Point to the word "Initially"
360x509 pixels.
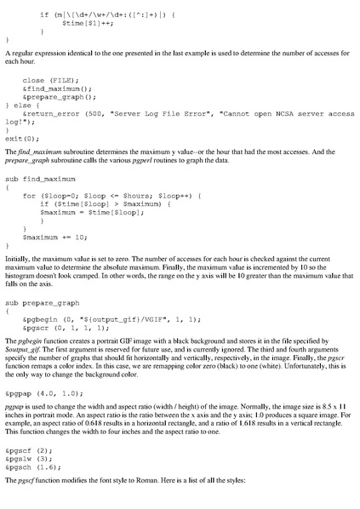point(20,254)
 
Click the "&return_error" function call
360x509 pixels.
point(51,112)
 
